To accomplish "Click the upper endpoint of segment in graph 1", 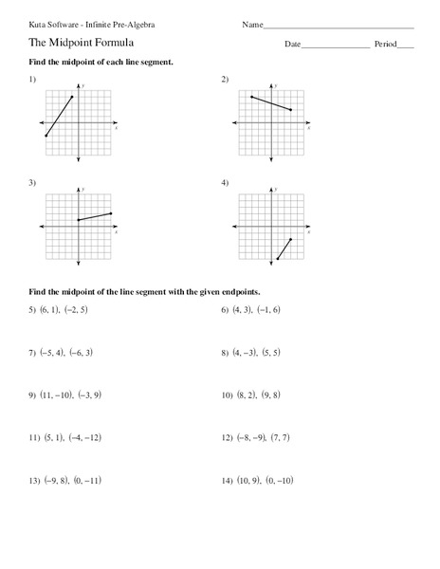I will click(72, 97).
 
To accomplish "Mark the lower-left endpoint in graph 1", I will click(46, 137).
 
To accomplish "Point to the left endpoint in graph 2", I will click(251, 97).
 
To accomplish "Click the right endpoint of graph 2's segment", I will click(291, 110).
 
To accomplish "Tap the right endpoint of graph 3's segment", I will click(112, 213).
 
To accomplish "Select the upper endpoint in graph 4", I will click(290, 240).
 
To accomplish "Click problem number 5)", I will click(32, 310).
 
